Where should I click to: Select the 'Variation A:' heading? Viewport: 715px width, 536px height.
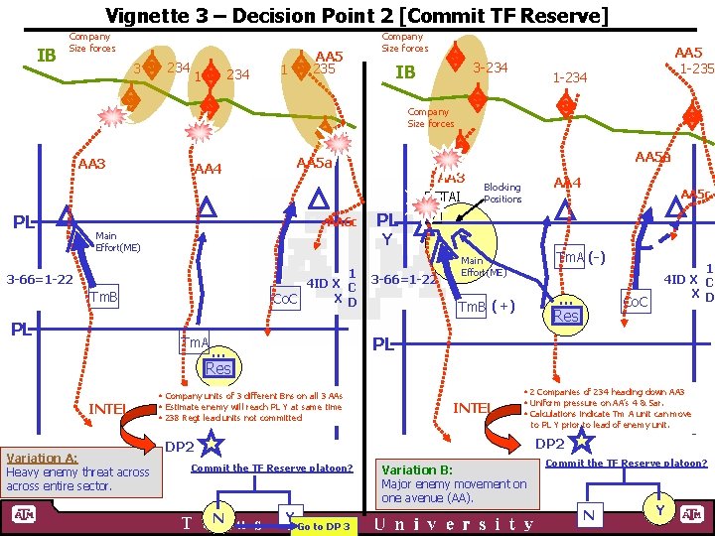(42, 458)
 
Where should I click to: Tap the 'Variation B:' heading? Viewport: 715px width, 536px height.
(417, 469)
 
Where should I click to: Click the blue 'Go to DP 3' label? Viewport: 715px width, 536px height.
(323, 526)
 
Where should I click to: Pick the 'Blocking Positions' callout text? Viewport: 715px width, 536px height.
(501, 193)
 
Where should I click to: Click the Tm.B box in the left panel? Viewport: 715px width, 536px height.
(103, 297)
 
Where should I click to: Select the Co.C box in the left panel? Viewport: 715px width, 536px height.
(286, 298)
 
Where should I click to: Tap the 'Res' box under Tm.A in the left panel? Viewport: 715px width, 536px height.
(217, 368)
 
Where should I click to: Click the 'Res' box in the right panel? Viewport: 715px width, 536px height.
(565, 316)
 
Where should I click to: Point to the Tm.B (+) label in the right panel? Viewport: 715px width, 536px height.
(485, 307)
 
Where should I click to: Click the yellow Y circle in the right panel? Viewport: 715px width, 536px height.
(659, 510)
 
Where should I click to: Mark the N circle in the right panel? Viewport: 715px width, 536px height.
(590, 514)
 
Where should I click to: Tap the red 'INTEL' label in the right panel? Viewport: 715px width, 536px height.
(471, 408)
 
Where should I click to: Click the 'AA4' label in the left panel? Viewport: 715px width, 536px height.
(207, 169)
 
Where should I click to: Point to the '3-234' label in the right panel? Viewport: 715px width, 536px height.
(491, 67)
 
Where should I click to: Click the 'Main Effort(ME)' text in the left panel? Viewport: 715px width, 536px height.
(117, 242)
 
